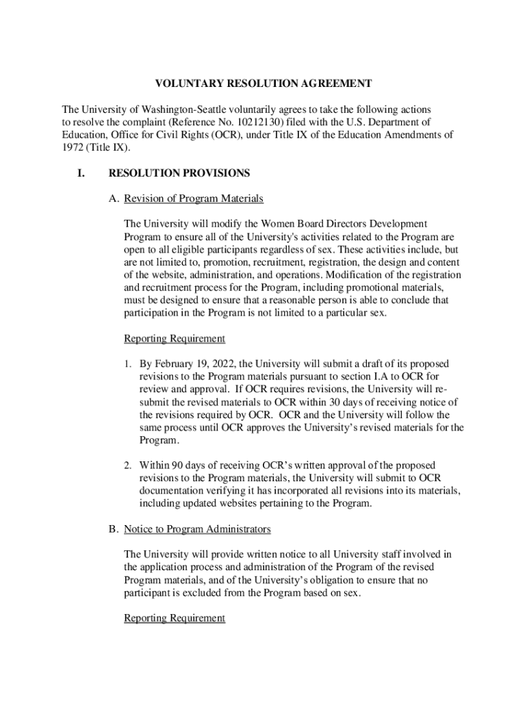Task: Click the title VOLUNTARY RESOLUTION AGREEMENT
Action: [x=263, y=84]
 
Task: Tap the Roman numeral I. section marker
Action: [x=80, y=173]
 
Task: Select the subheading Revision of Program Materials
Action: [x=194, y=199]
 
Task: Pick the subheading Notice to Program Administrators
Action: [x=197, y=529]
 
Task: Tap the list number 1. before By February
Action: [x=128, y=364]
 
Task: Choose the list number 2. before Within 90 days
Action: [x=128, y=466]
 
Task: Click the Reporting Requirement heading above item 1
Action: [x=174, y=338]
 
